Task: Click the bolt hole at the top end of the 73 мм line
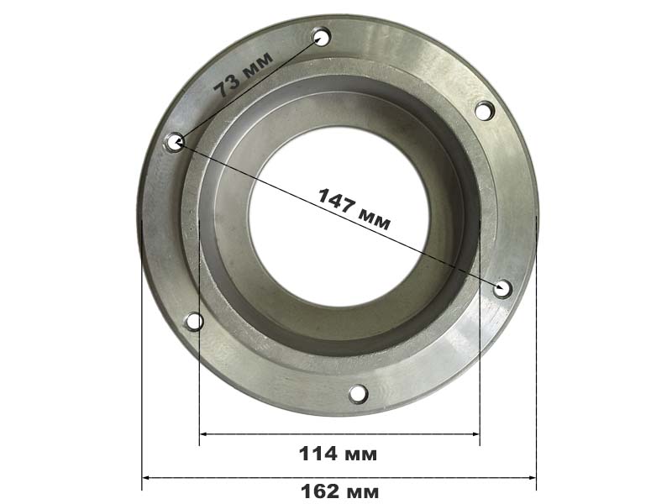coord(322,37)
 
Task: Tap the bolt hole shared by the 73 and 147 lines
coord(175,142)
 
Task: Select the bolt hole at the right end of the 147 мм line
coord(502,288)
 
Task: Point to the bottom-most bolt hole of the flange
coord(359,394)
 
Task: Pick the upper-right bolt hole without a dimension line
coord(485,111)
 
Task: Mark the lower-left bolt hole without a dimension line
coord(194,322)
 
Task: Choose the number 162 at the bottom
coord(320,491)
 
